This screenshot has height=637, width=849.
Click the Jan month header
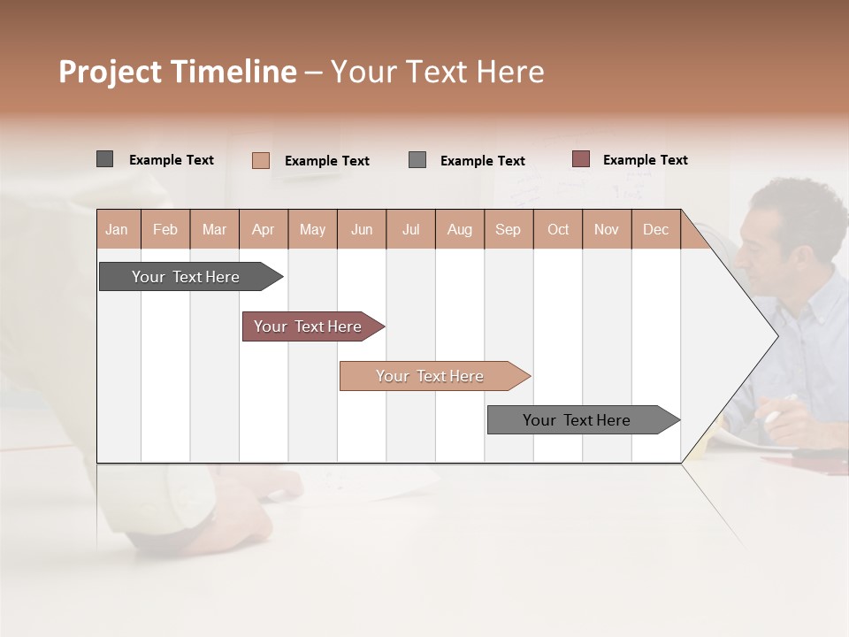pos(117,229)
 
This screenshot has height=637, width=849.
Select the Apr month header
pos(264,229)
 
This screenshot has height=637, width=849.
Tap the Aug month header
pos(460,229)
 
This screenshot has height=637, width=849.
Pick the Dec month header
pos(655,229)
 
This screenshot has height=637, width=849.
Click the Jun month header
pos(362,229)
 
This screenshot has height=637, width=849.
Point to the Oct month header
pos(558,229)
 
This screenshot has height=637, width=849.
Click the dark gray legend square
pos(104,159)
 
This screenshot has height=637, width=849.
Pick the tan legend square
pos(260,160)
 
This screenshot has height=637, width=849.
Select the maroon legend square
pos(580,159)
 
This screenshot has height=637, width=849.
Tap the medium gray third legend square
pos(417,160)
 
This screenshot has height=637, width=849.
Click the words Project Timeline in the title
pos(177,72)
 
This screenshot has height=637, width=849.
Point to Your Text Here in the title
pos(438,72)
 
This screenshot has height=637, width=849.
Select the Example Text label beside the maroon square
pos(645,160)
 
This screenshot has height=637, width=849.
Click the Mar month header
pos(214,229)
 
